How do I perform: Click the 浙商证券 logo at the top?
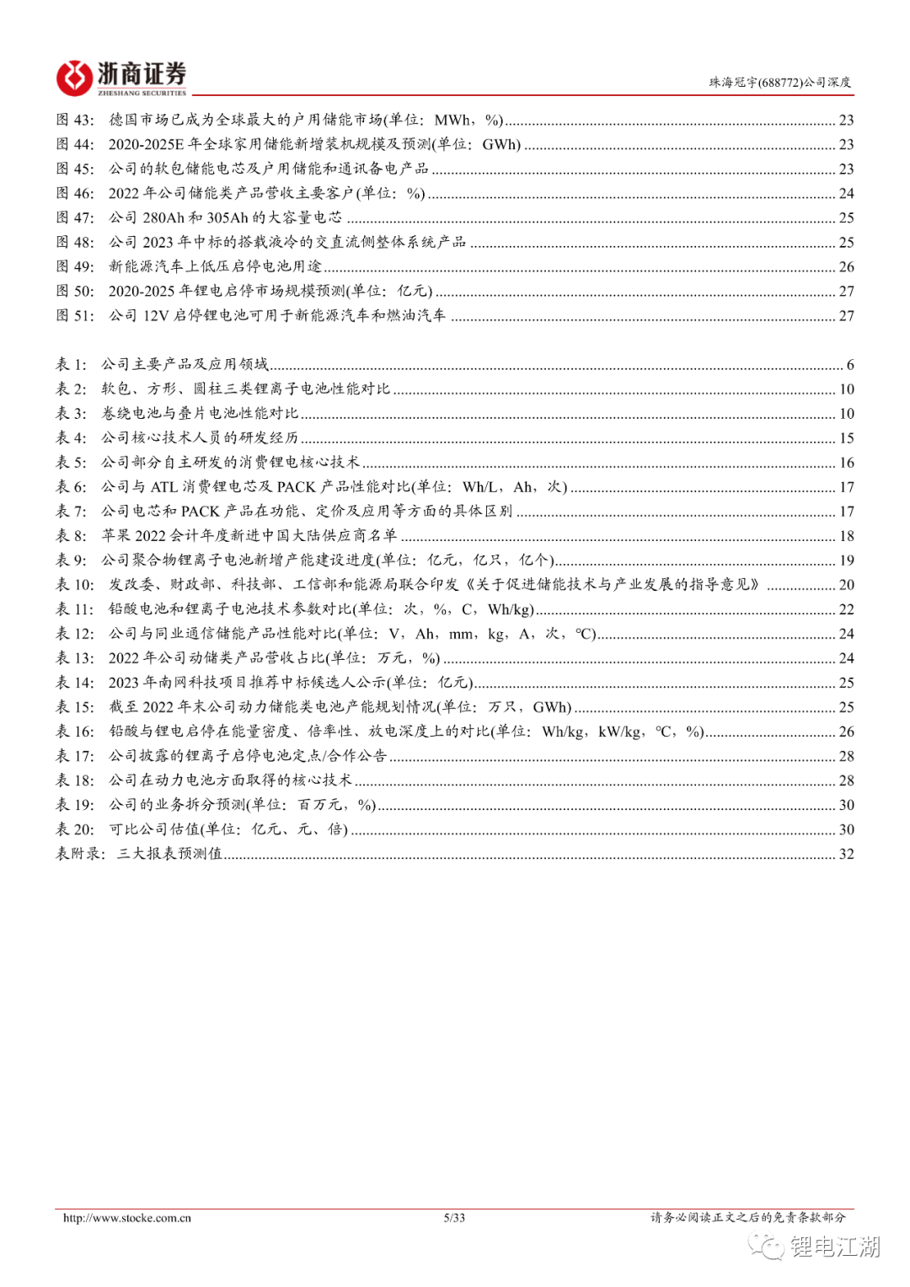[121, 78]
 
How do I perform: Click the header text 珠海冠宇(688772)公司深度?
[779, 83]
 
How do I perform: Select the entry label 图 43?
[75, 120]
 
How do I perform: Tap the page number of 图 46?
[846, 194]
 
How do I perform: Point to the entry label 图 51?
[75, 315]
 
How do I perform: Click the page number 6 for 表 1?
[850, 365]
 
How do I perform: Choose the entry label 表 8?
[71, 536]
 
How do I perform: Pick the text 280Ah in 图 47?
[163, 218]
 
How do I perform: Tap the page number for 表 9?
[846, 560]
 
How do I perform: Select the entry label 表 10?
[75, 585]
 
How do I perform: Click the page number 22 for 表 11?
[846, 609]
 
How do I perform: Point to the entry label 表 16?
[75, 732]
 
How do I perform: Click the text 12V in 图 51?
[156, 316]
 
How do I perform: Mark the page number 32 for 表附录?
[846, 854]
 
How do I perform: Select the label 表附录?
[79, 854]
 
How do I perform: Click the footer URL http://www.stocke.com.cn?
[127, 1218]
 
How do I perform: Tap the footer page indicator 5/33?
[454, 1218]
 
